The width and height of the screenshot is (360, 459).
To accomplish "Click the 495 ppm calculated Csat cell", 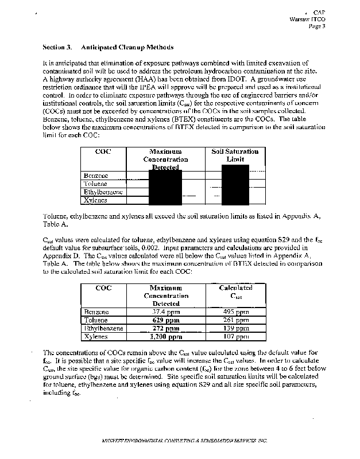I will (x=235, y=312).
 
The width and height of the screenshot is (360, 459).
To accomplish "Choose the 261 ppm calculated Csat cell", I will (x=235, y=320).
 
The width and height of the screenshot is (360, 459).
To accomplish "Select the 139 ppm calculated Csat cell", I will (x=235, y=328).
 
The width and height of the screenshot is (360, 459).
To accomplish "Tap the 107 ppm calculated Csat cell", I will (x=235, y=337).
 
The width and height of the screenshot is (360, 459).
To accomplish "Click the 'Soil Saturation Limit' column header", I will (x=235, y=155).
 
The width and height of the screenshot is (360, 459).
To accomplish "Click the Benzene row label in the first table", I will (x=96, y=175).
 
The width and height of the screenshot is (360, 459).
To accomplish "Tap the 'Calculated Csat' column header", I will (x=235, y=291).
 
